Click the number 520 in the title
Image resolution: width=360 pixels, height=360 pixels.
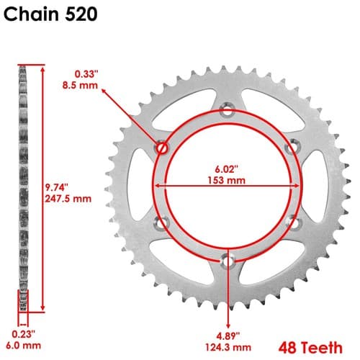[81, 14]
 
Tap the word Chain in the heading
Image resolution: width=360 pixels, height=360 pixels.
[31, 14]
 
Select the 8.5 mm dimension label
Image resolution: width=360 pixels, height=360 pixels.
[80, 85]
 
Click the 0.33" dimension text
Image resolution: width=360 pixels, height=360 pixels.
[86, 74]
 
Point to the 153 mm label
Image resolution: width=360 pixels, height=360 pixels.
[226, 180]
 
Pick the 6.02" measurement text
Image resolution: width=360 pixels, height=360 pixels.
[226, 169]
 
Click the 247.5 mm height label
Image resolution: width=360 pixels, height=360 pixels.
[68, 199]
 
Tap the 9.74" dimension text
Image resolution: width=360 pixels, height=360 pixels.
[57, 187]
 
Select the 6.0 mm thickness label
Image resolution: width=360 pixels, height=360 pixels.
[23, 346]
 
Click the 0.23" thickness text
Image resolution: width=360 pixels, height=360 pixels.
[24, 334]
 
